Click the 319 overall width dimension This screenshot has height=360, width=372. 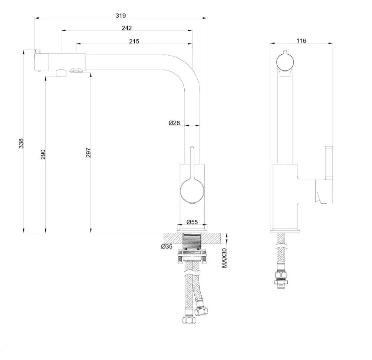[x=120, y=16]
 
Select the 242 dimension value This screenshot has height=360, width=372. [x=126, y=28]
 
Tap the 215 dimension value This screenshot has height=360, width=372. [x=134, y=41]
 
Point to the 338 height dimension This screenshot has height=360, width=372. [x=21, y=143]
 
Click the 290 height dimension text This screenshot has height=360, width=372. [x=43, y=155]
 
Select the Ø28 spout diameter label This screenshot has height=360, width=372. [x=174, y=123]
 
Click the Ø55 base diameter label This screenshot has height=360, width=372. [x=192, y=222]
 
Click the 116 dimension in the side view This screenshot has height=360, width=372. [x=301, y=41]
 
